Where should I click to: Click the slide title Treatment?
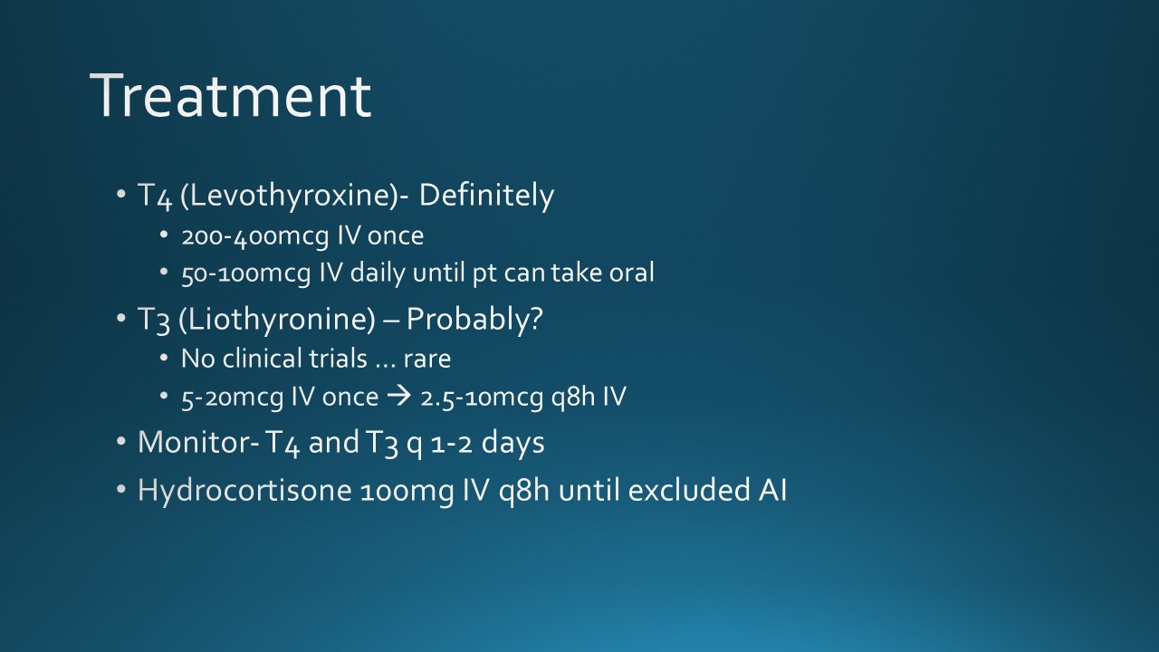point(231,96)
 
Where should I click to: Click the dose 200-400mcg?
point(255,236)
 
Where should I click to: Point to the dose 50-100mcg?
point(245,273)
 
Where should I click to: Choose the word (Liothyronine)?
point(277,320)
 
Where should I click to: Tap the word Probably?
point(474,320)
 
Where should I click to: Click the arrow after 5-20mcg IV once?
point(399,397)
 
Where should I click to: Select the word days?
point(512,444)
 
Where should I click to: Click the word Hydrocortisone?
point(244,490)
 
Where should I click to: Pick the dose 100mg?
point(407,492)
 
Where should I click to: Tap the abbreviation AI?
point(772,490)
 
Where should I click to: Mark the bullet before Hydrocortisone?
point(121,490)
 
